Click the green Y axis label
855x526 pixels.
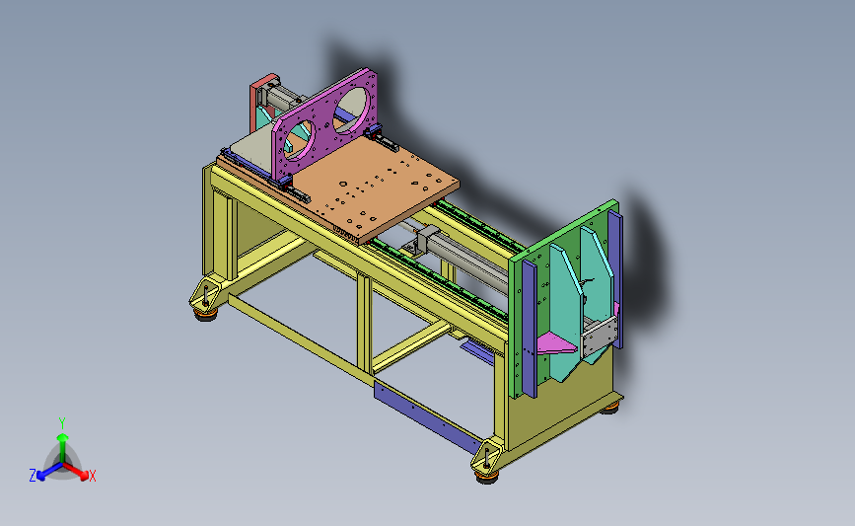coord(62,423)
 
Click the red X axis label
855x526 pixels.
coord(92,476)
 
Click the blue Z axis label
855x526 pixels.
coord(33,476)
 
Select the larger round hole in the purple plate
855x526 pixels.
coord(350,111)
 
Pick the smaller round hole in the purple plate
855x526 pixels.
coord(298,140)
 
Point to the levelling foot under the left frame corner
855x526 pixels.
coord(205,314)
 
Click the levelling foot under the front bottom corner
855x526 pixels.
coord(487,477)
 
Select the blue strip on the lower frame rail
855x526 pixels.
coord(429,416)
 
